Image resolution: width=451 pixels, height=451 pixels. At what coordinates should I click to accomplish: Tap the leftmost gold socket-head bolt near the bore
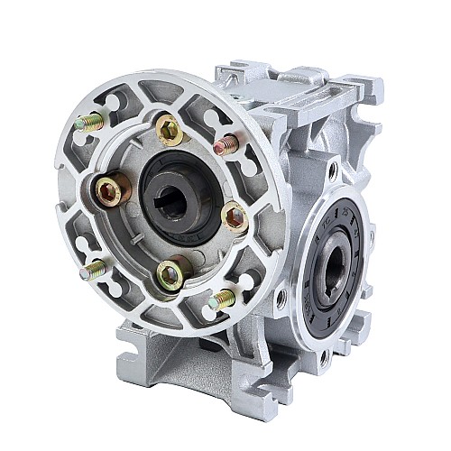[x=111, y=190]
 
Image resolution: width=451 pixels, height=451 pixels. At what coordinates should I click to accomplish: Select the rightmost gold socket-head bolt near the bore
[x=235, y=216]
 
